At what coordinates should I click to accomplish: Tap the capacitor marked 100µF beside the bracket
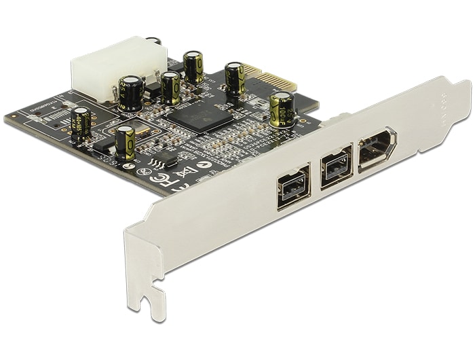282,109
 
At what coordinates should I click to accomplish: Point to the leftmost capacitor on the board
81,124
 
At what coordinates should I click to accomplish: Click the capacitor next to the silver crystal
125,143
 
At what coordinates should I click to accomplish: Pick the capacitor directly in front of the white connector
131,93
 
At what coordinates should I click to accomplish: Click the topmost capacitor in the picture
193,67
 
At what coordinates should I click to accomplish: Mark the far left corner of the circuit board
7,120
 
